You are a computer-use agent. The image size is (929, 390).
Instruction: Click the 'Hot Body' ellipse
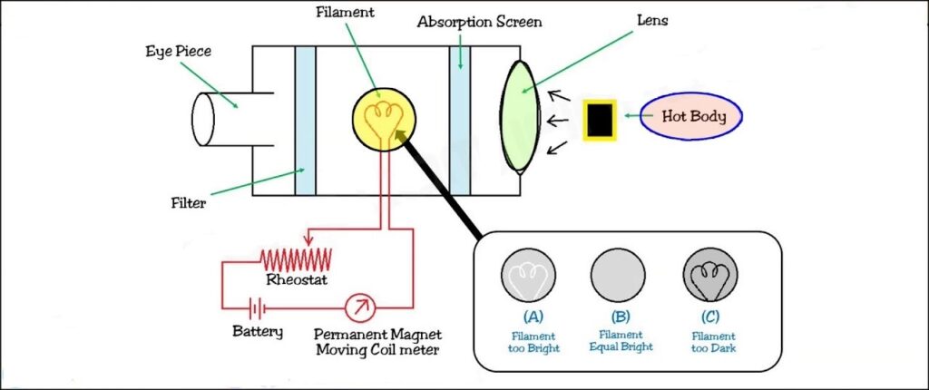point(689,117)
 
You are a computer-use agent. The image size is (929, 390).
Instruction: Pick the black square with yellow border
point(599,120)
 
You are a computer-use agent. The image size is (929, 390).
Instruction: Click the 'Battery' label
point(258,332)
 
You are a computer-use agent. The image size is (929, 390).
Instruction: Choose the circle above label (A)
point(529,274)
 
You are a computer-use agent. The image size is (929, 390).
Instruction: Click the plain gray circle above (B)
point(619,274)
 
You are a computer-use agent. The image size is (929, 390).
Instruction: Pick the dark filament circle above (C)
point(709,274)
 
